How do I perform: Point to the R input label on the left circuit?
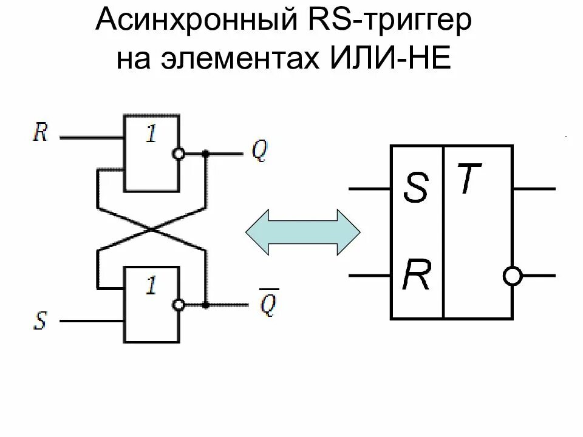pyautogui.click(x=40, y=132)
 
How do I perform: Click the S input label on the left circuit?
pyautogui.click(x=40, y=320)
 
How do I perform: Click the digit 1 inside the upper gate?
pyautogui.click(x=150, y=134)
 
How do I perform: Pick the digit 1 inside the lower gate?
pyautogui.click(x=150, y=285)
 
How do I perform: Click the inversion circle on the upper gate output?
pyautogui.click(x=179, y=154)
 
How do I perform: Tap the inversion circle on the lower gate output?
pyautogui.click(x=179, y=305)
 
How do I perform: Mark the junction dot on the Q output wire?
pyautogui.click(x=206, y=154)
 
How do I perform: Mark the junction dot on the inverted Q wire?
pyautogui.click(x=206, y=305)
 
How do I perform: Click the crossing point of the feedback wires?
pyautogui.click(x=151, y=229)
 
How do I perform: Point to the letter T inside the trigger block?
pyautogui.click(x=469, y=180)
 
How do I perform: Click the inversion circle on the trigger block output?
pyautogui.click(x=513, y=276)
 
